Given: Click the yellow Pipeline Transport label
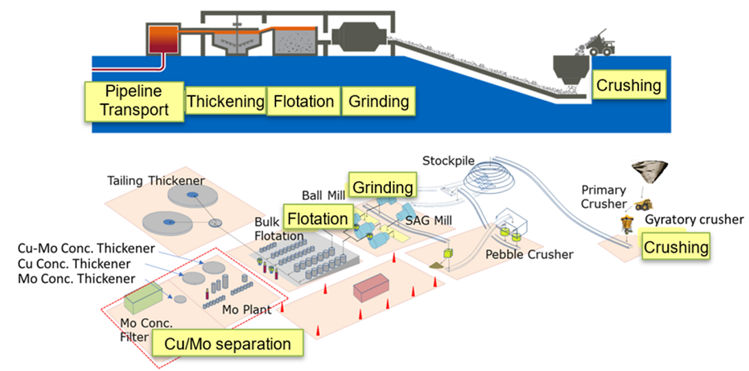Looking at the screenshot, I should tap(134, 100).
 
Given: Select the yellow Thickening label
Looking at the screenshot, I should tap(225, 102).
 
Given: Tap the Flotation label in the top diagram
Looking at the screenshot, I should tap(304, 102).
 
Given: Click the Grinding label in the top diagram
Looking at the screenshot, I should tap(379, 102).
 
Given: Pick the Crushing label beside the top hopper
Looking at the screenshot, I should tap(628, 86).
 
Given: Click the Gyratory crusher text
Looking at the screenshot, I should tap(694, 220).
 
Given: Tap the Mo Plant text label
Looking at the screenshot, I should tap(246, 309).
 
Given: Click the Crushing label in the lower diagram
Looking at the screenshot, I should tap(675, 247).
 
